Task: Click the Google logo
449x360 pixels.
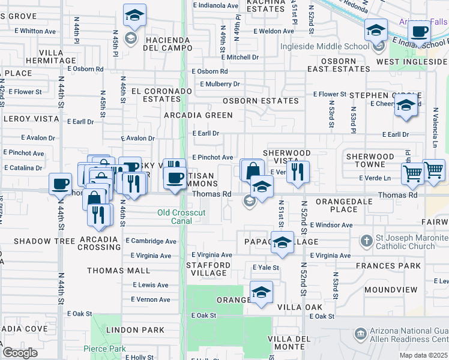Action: point(20,352)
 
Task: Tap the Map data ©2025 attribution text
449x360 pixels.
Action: point(424,355)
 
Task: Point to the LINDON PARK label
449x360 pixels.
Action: point(135,330)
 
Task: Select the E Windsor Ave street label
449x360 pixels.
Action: point(331,225)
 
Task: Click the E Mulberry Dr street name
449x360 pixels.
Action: point(220,84)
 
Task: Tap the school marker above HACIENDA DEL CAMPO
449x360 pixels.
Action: point(135,16)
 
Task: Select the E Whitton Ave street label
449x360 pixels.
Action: point(35,31)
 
